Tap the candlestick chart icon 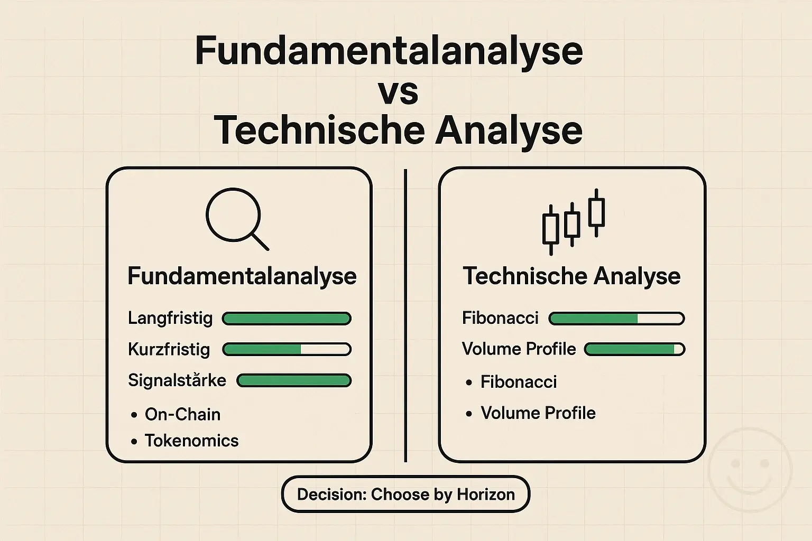point(574,221)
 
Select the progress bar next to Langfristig point(287,318)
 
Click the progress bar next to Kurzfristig point(287,349)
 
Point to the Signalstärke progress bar point(294,380)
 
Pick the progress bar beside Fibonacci point(616,318)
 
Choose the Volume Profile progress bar point(634,349)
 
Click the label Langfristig point(170,318)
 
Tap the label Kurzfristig point(169,349)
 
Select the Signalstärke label point(177,380)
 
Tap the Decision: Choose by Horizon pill point(405,495)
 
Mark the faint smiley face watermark point(750,470)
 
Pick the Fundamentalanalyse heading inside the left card point(242,276)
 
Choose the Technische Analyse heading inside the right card point(571,276)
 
